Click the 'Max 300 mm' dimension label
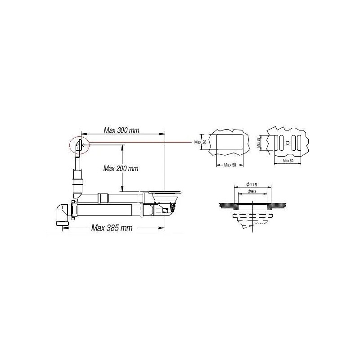[121, 130]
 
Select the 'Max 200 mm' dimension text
[121, 169]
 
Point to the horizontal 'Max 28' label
[199, 142]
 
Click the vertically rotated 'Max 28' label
[259, 143]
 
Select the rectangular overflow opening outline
[230, 143]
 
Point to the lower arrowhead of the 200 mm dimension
[121, 189]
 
